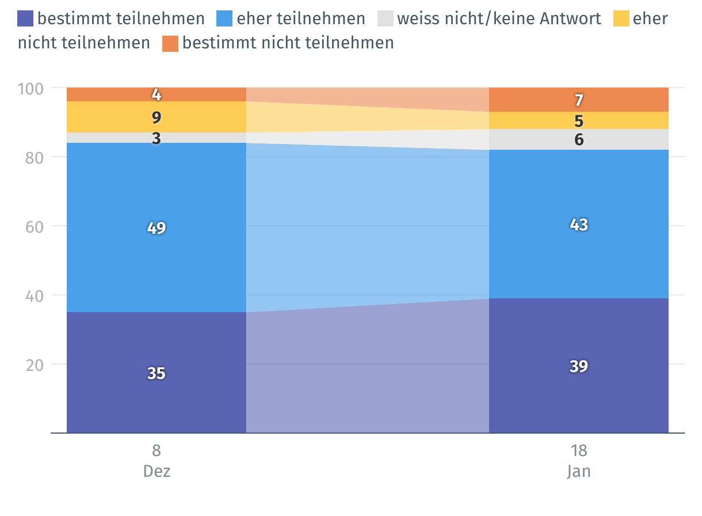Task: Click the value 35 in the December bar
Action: [157, 373]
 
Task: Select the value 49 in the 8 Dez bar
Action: [157, 228]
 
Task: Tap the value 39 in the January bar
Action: [579, 366]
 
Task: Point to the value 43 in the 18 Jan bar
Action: [579, 225]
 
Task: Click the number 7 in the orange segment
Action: [579, 100]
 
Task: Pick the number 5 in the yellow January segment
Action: [579, 121]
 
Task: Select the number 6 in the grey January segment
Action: [579, 139]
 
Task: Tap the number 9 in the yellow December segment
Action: [157, 117]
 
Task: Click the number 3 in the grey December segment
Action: [157, 138]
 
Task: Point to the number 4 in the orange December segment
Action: [157, 94]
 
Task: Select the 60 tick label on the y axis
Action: [34, 226]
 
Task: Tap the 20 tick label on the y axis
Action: [34, 365]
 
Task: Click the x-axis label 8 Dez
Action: [157, 461]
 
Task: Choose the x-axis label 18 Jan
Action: [579, 461]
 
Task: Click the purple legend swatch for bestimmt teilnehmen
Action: [26, 19]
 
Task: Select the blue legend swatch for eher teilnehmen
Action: [225, 19]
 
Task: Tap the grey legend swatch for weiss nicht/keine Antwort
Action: [386, 19]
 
